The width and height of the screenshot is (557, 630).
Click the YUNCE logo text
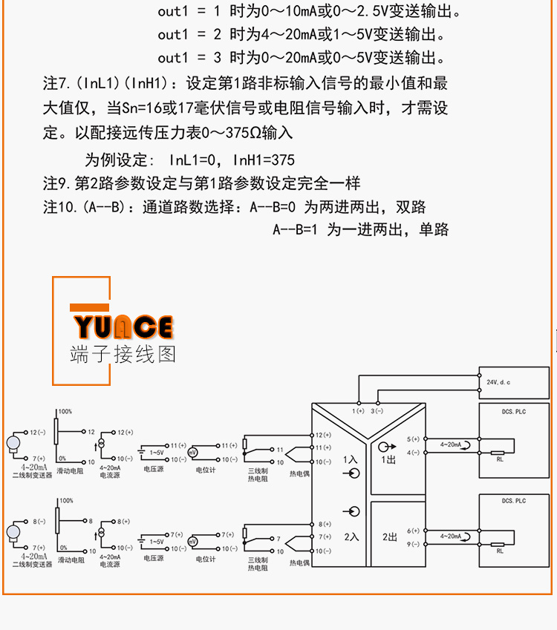coord(123,327)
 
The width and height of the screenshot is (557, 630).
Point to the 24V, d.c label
coord(498,381)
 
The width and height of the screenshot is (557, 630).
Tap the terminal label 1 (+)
coord(358,410)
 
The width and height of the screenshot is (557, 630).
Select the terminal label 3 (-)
coord(378,410)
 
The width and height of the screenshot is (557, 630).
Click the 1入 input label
coord(350,460)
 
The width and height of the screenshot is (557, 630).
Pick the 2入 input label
coord(350,536)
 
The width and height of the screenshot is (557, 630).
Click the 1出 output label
coord(388,460)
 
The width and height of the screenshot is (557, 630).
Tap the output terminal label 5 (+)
coord(413,439)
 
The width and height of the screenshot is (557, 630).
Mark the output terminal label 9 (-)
coord(413,544)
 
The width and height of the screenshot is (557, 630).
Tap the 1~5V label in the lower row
coord(157,542)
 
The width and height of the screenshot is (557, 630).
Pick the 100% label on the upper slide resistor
coord(65,411)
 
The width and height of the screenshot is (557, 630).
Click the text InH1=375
coord(264,160)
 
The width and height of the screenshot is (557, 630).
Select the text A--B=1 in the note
coord(296,230)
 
